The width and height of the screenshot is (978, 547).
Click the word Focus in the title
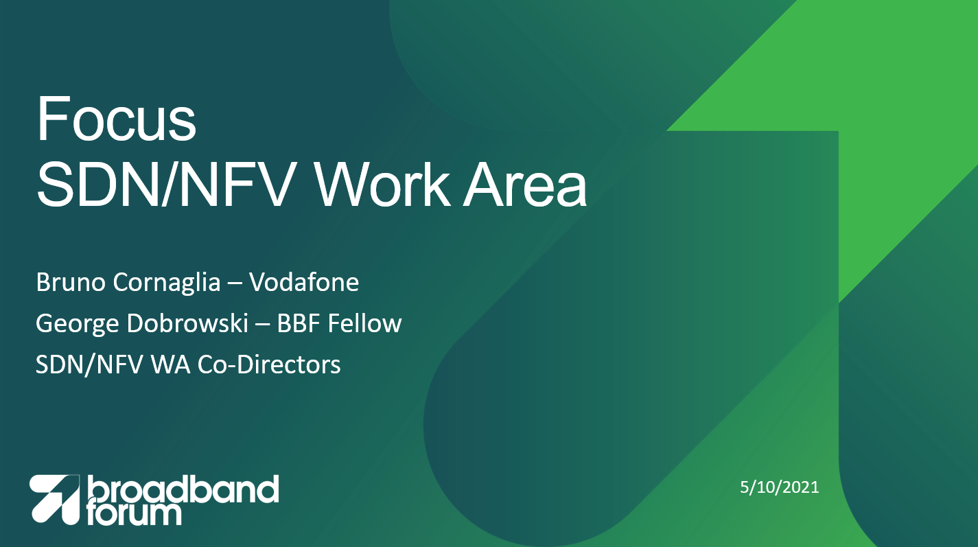[117, 119]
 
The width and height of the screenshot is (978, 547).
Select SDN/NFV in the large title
[164, 184]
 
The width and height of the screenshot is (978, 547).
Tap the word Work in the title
[382, 184]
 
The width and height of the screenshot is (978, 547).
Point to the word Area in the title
[525, 184]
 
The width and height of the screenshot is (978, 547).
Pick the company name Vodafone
[304, 282]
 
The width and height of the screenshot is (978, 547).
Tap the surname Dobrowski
[188, 323]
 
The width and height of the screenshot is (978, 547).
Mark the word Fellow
[364, 323]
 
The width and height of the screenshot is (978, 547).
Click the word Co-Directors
[269, 364]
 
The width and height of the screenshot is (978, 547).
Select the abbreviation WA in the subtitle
[171, 365]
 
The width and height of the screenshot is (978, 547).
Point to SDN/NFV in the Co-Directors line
[89, 365]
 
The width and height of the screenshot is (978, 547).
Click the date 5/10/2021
[780, 487]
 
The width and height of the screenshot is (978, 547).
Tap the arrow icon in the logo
[55, 500]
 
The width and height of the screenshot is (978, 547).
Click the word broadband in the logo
[183, 489]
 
